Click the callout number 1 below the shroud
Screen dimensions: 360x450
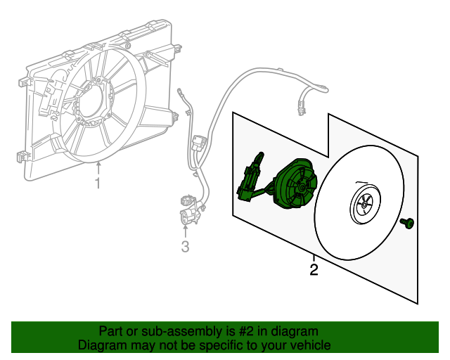98,184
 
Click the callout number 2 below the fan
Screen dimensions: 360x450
314,269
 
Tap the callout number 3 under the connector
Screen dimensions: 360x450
185,246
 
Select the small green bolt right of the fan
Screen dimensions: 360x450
407,223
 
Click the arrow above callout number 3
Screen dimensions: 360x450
185,229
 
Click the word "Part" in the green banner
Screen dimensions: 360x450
111,331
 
